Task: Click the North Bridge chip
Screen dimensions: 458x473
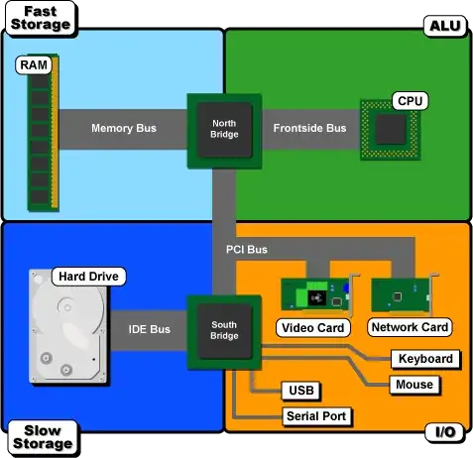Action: [x=224, y=129]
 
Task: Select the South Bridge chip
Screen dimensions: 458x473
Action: [x=224, y=331]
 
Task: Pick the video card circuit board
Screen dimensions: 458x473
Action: [x=316, y=295]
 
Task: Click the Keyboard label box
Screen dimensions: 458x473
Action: [x=423, y=359]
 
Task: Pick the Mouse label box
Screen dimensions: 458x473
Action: [x=413, y=384]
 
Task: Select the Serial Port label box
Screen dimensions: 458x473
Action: [x=315, y=416]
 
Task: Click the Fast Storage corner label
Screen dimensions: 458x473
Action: [x=41, y=17]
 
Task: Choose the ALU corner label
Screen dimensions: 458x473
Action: [x=443, y=26]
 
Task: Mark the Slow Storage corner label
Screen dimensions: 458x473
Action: [x=41, y=437]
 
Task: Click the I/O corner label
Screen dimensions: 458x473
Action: [x=444, y=433]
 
